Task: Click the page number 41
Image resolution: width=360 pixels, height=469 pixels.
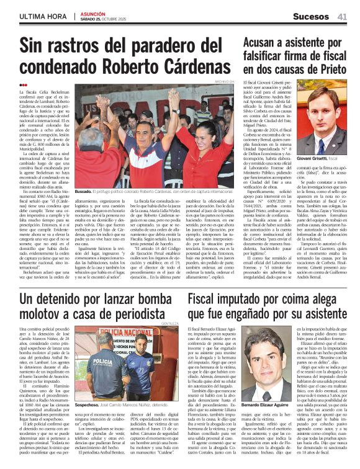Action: (x=343, y=16)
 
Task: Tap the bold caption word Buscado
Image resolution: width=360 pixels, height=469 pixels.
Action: (x=84, y=192)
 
